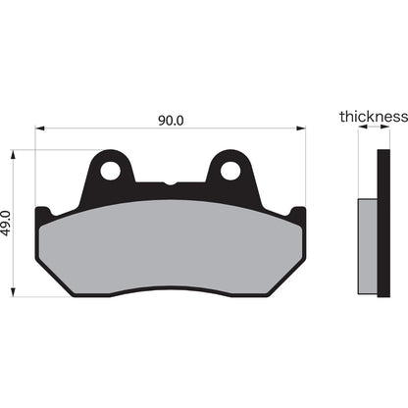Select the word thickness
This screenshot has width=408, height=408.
[x=373, y=117]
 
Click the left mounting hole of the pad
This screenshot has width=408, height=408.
[x=110, y=171]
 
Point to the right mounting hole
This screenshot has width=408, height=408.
[x=229, y=171]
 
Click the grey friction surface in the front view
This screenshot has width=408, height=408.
[x=171, y=250]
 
